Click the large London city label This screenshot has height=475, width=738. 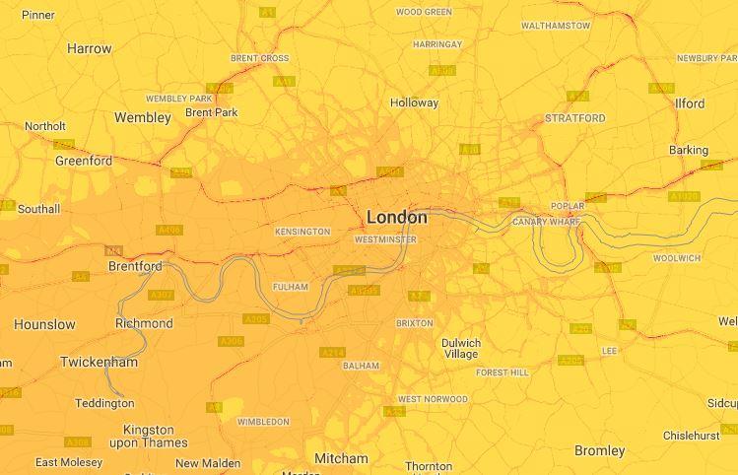click(x=397, y=217)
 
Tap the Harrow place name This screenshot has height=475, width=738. click(x=90, y=48)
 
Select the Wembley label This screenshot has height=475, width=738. click(x=143, y=117)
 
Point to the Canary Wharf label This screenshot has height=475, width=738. click(x=546, y=222)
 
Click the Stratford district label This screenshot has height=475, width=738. click(x=575, y=118)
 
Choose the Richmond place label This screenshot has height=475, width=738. click(x=144, y=323)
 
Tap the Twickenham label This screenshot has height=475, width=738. click(x=100, y=363)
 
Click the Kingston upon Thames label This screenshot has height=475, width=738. click(x=149, y=437)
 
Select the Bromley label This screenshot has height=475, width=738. click(x=599, y=450)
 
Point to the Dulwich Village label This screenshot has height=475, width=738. click(x=461, y=349)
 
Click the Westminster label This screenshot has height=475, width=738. click(x=384, y=239)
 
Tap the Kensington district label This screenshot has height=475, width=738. click(x=302, y=232)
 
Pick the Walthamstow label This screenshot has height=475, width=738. click(x=556, y=26)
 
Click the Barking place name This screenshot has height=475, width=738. click(x=689, y=150)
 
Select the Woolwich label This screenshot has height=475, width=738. click(x=677, y=258)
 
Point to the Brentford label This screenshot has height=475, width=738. click(x=135, y=267)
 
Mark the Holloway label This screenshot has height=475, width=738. click(x=414, y=102)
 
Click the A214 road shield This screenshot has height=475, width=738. click(x=332, y=352)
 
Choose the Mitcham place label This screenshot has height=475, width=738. click(x=341, y=458)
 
